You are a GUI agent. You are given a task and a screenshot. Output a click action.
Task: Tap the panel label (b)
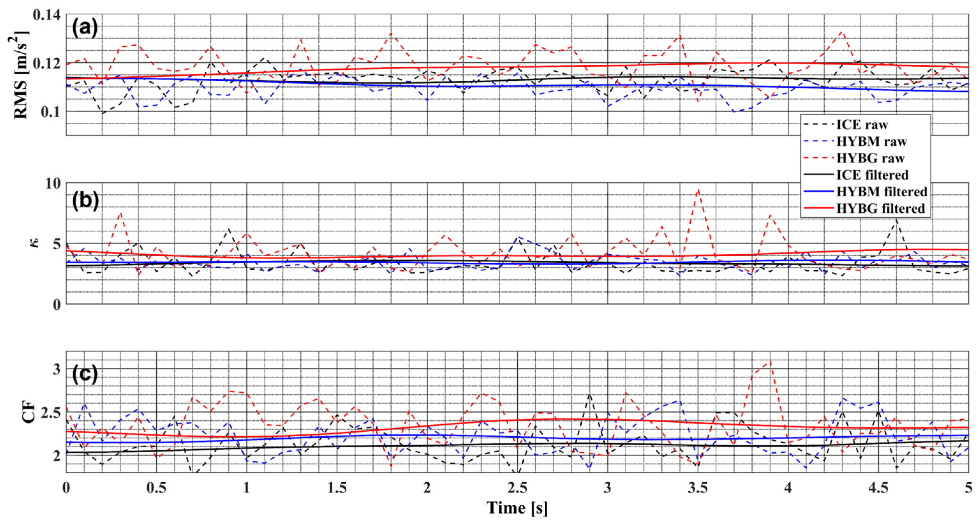85,200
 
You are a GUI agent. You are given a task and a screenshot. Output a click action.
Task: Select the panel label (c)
85,374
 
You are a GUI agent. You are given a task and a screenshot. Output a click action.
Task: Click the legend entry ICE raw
862,125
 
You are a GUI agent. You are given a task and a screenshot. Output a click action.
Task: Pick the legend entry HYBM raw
871,141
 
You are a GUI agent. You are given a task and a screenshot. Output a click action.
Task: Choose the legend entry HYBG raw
870,158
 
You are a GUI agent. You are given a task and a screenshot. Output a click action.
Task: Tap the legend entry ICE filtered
872,175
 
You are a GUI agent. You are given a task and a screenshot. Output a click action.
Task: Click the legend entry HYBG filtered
880,208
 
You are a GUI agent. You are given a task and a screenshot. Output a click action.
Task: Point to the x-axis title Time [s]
517,508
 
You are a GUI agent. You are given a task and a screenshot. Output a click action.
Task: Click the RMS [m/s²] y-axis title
21,75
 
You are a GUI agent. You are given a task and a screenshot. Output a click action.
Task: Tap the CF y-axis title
27,412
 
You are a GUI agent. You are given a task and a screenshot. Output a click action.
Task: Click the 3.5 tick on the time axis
698,488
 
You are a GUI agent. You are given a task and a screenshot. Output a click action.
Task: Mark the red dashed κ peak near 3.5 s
698,189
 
